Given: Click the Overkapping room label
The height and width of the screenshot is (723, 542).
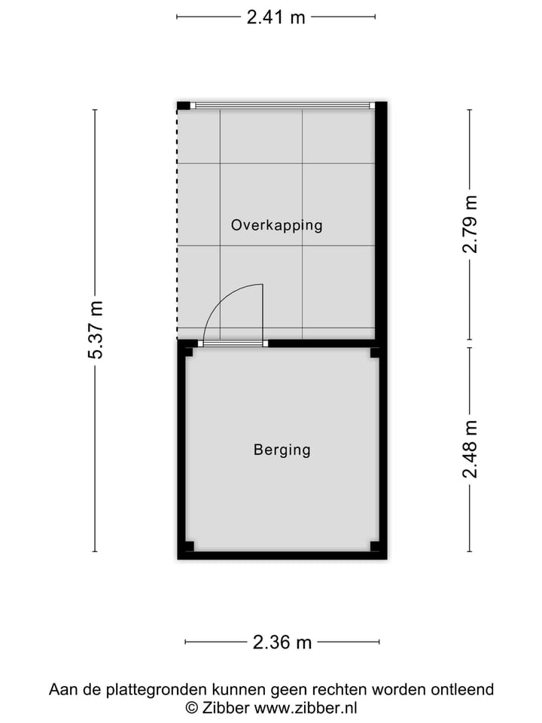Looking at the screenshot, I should (x=276, y=224).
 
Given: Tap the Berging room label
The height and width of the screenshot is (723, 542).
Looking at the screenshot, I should (x=282, y=450).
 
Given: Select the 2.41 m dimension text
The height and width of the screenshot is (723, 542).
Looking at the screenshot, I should (x=276, y=17).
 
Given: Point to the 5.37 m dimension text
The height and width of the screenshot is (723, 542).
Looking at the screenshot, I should (x=96, y=330).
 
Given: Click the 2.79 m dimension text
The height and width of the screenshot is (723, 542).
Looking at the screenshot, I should (x=470, y=224).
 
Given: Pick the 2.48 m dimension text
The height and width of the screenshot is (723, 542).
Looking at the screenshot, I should (x=470, y=450).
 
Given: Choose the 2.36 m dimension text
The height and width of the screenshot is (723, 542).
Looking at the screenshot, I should (x=282, y=642).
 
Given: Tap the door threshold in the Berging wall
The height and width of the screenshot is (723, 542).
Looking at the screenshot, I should (x=233, y=343).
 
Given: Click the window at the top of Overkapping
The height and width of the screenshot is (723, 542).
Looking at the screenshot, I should (x=282, y=105).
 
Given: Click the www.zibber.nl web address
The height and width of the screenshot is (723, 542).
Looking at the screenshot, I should (x=306, y=707).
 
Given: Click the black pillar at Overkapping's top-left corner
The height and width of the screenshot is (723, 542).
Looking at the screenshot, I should (x=184, y=105).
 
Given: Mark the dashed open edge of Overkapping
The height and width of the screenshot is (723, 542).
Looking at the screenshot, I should (x=178, y=226).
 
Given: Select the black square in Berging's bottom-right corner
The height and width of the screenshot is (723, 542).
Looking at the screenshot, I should (x=375, y=547).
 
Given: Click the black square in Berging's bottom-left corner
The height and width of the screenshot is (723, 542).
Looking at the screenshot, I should (x=190, y=547).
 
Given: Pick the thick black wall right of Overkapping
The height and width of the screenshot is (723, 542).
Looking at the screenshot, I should (x=381, y=222).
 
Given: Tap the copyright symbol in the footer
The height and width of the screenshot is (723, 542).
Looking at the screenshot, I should (x=191, y=707).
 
